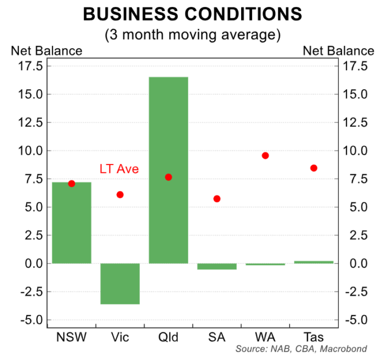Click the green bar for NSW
click(71, 223)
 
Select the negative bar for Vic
click(120, 284)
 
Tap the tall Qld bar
click(168, 170)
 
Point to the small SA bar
click(216, 266)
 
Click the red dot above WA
click(265, 156)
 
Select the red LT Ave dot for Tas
click(314, 168)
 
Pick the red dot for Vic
click(120, 194)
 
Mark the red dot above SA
click(216, 198)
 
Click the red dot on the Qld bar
click(168, 177)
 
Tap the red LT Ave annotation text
click(119, 169)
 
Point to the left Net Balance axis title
click(47, 51)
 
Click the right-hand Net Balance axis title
click(338, 51)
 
